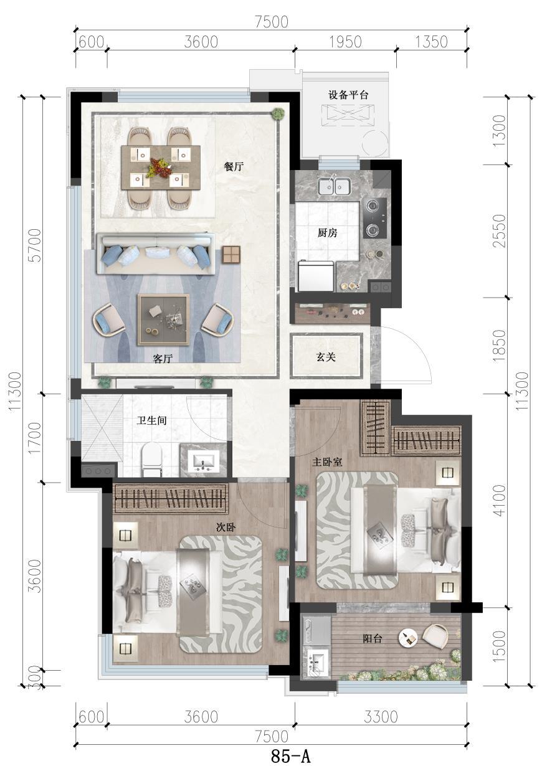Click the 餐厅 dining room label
[234, 167]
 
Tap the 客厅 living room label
[163, 359]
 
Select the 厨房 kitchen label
[327, 233]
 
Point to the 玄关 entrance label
[326, 357]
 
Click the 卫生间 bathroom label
[152, 420]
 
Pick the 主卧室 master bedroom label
[327, 462]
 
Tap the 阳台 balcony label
[373, 638]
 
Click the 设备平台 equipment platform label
[348, 95]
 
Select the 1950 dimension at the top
[345, 42]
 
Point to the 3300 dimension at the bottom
[381, 717]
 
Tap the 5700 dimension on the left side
[36, 245]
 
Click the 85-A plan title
[290, 755]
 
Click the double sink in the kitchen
[334, 187]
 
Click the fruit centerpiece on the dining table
[159, 168]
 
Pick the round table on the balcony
[408, 638]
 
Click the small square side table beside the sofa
[231, 255]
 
